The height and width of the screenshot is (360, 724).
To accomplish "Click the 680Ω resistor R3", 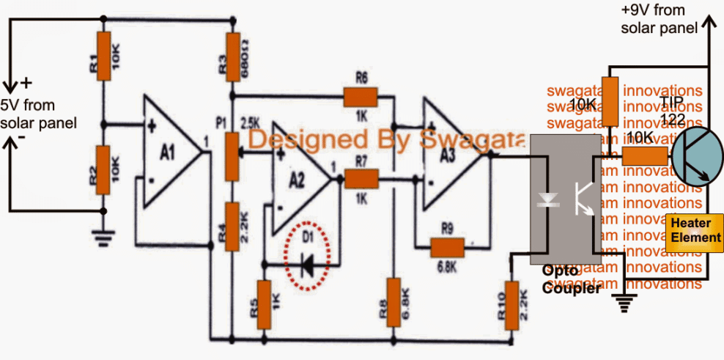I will [232, 56].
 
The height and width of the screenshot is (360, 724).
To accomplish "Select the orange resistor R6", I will [359, 95].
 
